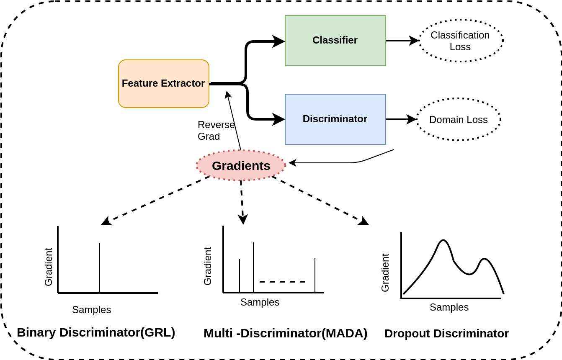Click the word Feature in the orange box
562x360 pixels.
[140, 83]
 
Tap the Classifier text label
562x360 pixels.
[335, 40]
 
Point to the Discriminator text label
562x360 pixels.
[335, 119]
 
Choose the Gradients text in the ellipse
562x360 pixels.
[241, 166]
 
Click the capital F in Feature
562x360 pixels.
[124, 83]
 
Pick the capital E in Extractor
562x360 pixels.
[164, 83]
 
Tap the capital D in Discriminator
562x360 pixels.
[306, 119]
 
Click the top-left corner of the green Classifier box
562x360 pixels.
[285, 16]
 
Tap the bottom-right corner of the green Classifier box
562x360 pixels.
[386, 66]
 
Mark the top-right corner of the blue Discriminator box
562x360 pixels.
[386, 95]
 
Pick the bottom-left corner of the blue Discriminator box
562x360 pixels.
[285, 144]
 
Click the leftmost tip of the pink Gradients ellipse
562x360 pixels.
[196, 166]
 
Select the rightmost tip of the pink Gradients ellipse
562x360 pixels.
[286, 165]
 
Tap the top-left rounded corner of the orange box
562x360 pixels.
[121, 62]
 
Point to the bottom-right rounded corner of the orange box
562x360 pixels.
[207, 105]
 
